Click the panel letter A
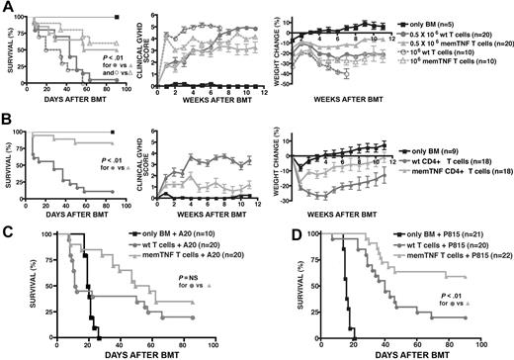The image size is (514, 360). point(6,7)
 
